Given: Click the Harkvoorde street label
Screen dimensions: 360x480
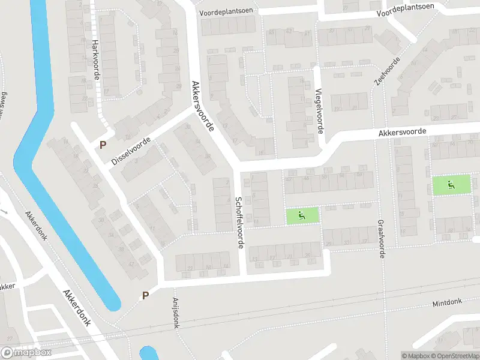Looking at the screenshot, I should [95, 61].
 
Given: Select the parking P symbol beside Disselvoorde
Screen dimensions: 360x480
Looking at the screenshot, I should [103, 145].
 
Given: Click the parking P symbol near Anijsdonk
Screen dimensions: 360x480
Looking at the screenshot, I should [144, 295].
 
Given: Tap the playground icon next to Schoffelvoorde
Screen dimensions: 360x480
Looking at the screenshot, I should [301, 215].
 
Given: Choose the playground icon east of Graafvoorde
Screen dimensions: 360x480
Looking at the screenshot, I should [452, 185].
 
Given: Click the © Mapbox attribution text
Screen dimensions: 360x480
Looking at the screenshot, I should [415, 356].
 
